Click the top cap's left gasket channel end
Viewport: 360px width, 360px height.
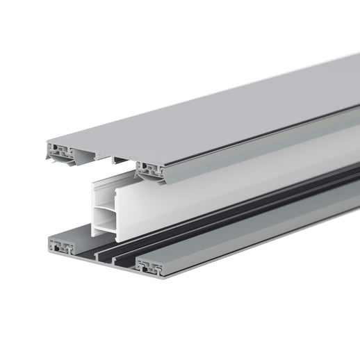59,149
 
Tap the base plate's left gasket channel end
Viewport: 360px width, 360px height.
62,246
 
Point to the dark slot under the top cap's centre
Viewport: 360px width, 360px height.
120,161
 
